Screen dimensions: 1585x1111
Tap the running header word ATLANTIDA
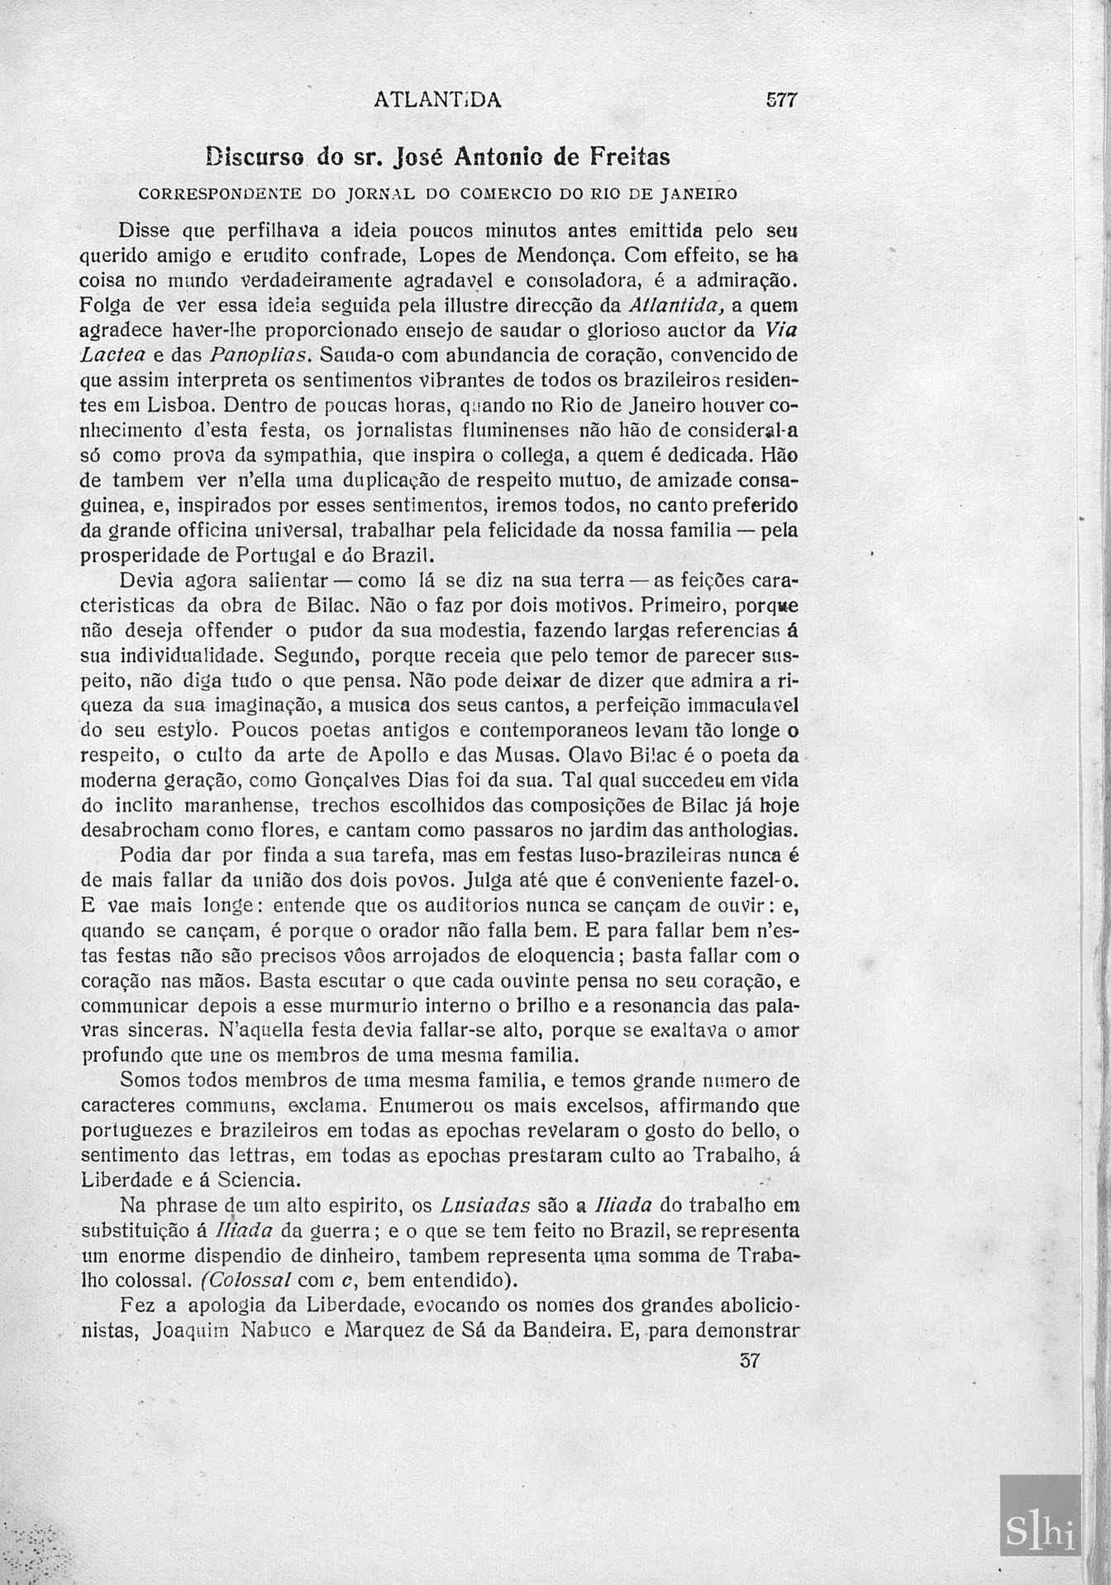click(x=437, y=100)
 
